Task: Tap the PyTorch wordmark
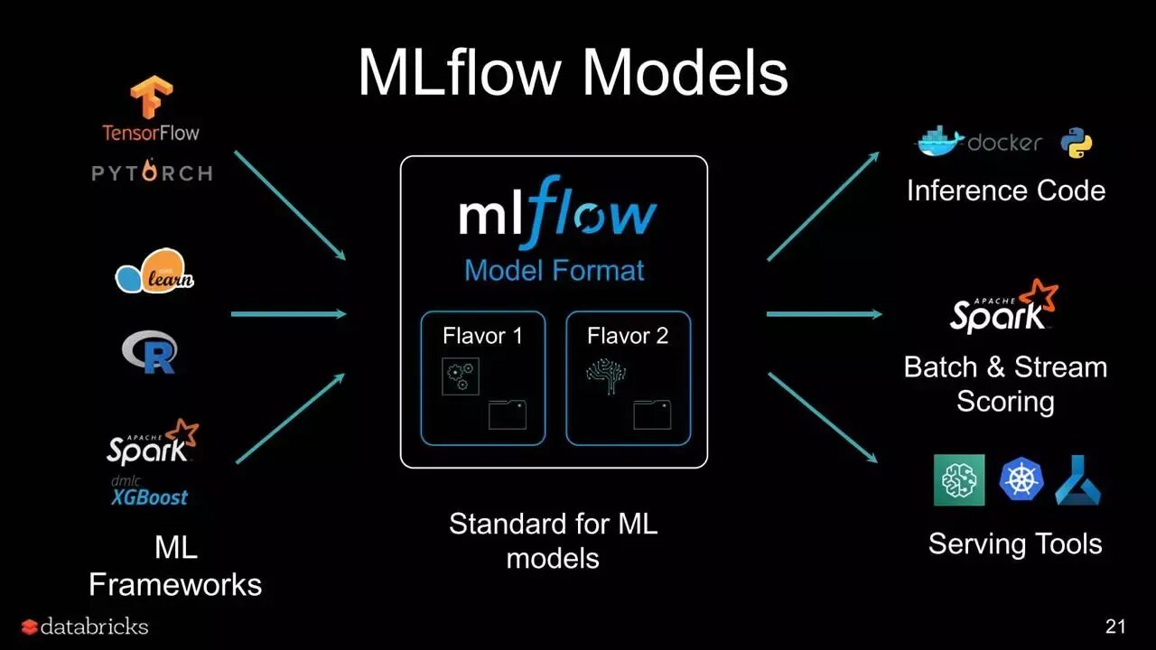tap(152, 172)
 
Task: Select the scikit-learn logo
tap(154, 272)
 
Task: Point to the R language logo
tap(150, 352)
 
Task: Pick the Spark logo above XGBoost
tap(152, 442)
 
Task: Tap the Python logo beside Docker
tap(1076, 143)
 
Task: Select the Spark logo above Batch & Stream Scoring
tap(1003, 308)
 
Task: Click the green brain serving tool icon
tap(959, 479)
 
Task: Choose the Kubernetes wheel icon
tap(1021, 479)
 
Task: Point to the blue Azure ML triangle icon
tap(1077, 479)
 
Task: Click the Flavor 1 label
tap(482, 336)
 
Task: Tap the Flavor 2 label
tap(628, 336)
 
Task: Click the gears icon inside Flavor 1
tap(460, 376)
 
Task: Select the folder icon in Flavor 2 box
tap(652, 414)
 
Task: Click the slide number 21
tap(1115, 627)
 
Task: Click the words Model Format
tap(554, 270)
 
